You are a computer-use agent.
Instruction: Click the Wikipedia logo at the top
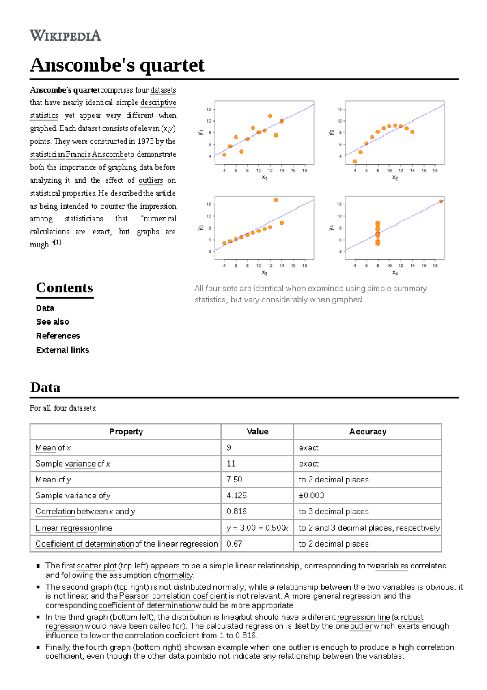click(x=65, y=35)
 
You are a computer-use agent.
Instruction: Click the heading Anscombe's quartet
click(x=117, y=65)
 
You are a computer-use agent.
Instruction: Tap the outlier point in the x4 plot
click(x=441, y=201)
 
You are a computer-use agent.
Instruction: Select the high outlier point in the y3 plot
click(x=276, y=200)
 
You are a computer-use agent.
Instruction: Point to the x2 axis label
click(x=395, y=178)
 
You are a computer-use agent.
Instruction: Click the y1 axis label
click(x=200, y=133)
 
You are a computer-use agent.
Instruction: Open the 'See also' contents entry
click(x=52, y=322)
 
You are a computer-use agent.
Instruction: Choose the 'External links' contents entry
click(x=62, y=350)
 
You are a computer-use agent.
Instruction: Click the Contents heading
click(x=64, y=288)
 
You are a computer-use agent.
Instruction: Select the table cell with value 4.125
click(x=237, y=495)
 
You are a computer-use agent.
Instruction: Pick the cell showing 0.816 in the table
click(x=237, y=511)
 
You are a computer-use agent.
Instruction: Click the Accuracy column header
click(x=368, y=432)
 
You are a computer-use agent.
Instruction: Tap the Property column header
click(x=126, y=432)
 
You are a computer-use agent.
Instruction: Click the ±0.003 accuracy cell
click(x=311, y=495)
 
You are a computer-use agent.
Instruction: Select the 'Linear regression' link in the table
click(x=67, y=528)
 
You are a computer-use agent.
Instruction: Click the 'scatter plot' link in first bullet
click(x=97, y=566)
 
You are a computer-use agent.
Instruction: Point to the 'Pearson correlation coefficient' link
click(x=173, y=596)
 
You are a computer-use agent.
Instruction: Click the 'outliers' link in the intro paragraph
click(x=151, y=180)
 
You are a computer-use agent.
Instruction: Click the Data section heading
click(x=45, y=387)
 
